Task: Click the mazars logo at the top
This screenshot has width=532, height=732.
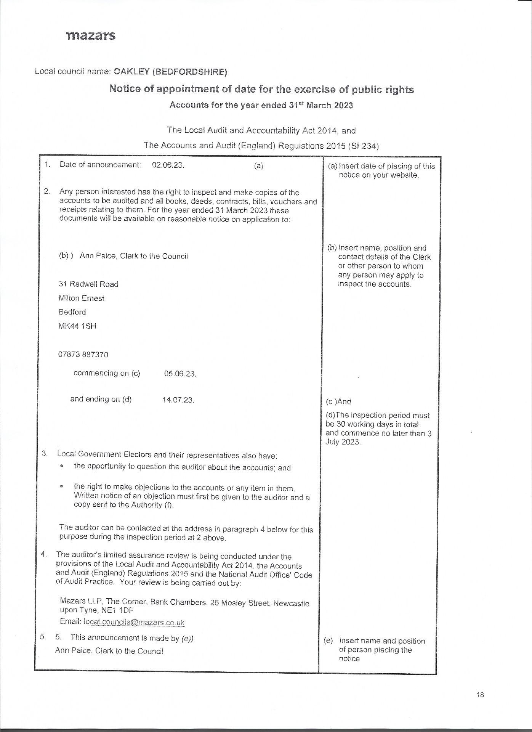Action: (x=91, y=36)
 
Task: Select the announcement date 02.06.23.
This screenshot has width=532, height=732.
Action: (x=168, y=165)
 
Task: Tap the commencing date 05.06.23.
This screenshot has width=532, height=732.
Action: (x=180, y=374)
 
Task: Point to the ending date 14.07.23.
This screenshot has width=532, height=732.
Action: (x=178, y=400)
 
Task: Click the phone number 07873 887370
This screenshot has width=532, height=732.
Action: (x=83, y=355)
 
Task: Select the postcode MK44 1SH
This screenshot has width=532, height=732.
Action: (x=77, y=326)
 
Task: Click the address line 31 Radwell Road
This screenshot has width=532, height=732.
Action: (x=88, y=284)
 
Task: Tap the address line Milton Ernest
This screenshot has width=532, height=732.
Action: (x=82, y=298)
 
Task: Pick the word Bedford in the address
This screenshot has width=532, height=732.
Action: (x=72, y=312)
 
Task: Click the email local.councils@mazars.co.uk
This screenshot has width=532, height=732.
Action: (x=134, y=623)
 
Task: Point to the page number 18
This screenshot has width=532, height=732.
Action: (x=480, y=695)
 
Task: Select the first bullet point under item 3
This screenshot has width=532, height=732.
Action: (x=61, y=466)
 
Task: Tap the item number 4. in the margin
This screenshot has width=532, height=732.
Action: (x=44, y=554)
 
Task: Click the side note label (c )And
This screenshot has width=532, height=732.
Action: (x=338, y=401)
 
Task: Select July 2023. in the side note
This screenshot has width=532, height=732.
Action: (x=343, y=442)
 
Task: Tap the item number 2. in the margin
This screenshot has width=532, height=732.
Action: (x=47, y=191)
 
